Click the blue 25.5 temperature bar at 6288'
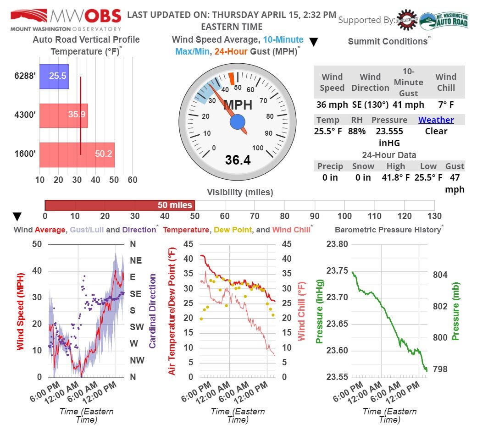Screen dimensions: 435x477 pos(54,76)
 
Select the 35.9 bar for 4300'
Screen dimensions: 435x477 pos(63,115)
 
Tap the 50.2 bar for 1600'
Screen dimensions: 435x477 pos(77,154)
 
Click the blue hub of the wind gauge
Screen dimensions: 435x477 pos(237,122)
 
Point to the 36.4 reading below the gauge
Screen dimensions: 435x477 pos(238,160)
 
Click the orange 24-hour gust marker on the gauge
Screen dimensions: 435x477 pos(232,78)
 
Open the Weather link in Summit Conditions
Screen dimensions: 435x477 pos(436,120)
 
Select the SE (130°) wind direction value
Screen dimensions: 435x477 pos(370,105)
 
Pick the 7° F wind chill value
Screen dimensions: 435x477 pos(445,105)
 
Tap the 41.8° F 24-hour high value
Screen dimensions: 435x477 pos(395,177)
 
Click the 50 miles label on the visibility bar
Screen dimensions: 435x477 pos(175,205)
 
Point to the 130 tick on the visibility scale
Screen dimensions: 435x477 pos(434,216)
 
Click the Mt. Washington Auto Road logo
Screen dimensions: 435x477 pos(444,21)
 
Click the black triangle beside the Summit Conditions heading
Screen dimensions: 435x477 pos(314,42)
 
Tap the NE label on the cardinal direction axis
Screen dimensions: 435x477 pos(136,260)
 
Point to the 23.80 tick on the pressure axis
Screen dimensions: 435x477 pos(337,244)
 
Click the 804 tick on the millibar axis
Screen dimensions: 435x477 pos(440,275)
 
